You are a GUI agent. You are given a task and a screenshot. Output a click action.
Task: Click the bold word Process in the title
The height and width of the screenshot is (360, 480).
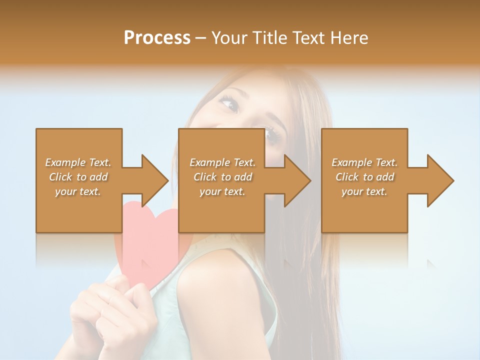pos(157,38)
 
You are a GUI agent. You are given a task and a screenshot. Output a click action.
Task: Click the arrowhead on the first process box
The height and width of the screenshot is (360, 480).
pos(152,180)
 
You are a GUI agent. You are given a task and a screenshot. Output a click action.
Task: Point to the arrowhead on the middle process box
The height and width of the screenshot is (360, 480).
pos(295,180)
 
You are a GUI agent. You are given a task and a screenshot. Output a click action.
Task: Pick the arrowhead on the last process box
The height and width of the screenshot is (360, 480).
pos(438,180)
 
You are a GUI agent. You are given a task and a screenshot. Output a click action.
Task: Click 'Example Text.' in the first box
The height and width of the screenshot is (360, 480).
pos(78,162)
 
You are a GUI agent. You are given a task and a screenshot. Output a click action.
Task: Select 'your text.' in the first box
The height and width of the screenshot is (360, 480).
pos(78,191)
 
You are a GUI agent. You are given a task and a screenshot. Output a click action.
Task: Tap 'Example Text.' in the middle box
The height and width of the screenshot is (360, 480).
pos(222,162)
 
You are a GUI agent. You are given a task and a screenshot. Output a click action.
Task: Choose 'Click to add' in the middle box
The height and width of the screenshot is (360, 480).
pos(222,177)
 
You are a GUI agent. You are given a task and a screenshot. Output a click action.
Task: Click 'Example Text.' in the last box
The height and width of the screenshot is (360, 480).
pos(364,162)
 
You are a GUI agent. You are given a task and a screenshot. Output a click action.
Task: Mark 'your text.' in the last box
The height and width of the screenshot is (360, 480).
pos(364,191)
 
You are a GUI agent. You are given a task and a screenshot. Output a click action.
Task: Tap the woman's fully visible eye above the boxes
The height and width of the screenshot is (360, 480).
pos(229,104)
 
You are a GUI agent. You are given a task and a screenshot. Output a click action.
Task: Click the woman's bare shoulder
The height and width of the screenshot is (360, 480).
pos(225,290)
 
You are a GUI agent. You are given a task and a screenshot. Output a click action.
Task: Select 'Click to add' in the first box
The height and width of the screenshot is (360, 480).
pos(78,177)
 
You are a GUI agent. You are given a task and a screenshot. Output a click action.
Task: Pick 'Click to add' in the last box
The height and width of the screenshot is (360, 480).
pos(364,177)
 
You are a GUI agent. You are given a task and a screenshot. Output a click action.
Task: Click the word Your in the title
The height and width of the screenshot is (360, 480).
pos(229,38)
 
